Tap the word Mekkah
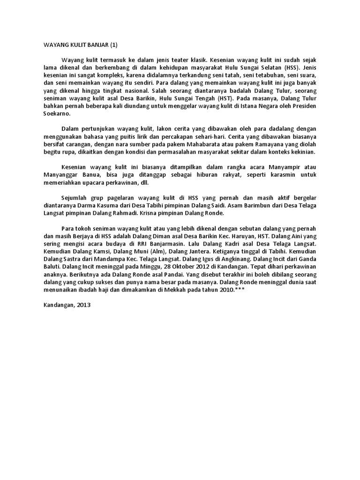pyautogui.click(x=175, y=290)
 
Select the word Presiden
pyautogui.click(x=303, y=106)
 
